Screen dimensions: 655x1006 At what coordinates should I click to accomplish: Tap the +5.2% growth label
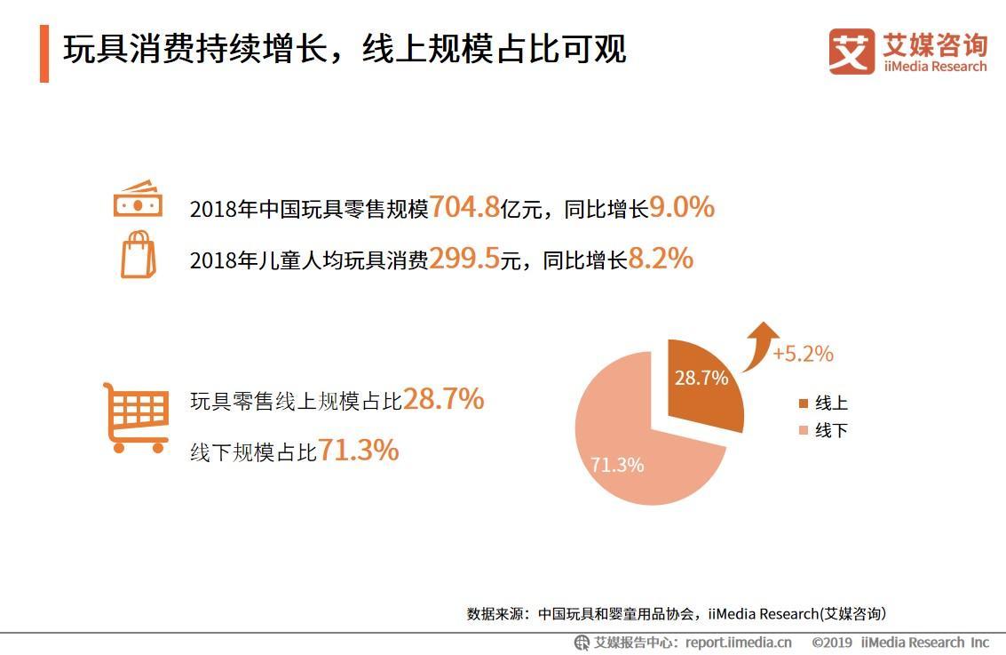click(803, 354)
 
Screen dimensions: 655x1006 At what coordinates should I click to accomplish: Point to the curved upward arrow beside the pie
click(759, 347)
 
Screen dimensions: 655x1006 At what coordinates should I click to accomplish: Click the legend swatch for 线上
click(804, 403)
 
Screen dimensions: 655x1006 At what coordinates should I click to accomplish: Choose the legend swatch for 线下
click(804, 431)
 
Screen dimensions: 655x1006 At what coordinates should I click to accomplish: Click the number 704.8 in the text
click(463, 208)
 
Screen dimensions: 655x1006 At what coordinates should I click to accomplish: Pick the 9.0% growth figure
click(682, 208)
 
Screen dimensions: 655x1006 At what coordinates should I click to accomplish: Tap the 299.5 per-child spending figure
click(463, 259)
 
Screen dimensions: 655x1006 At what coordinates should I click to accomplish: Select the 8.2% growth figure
click(661, 259)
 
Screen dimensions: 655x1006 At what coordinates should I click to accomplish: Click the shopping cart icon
click(136, 418)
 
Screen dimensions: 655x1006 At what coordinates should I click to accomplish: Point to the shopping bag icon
click(138, 255)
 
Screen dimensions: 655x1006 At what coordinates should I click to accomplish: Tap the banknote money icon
click(138, 199)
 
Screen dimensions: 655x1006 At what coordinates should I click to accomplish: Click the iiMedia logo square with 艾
click(852, 52)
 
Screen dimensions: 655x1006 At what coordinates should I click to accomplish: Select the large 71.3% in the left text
click(359, 451)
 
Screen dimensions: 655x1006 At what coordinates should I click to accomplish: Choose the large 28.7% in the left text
click(444, 400)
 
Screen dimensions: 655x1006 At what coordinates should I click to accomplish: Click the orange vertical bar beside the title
click(44, 54)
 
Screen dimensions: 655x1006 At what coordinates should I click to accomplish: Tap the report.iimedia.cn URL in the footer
click(738, 643)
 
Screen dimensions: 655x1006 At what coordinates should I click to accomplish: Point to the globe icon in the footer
click(582, 643)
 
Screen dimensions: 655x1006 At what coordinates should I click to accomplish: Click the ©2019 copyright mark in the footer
click(831, 643)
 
